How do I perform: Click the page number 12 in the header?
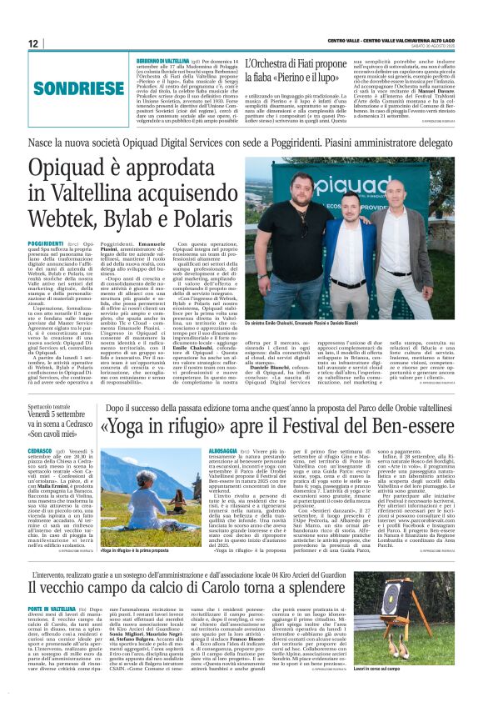click(32, 44)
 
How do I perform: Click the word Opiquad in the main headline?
click(75, 169)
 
